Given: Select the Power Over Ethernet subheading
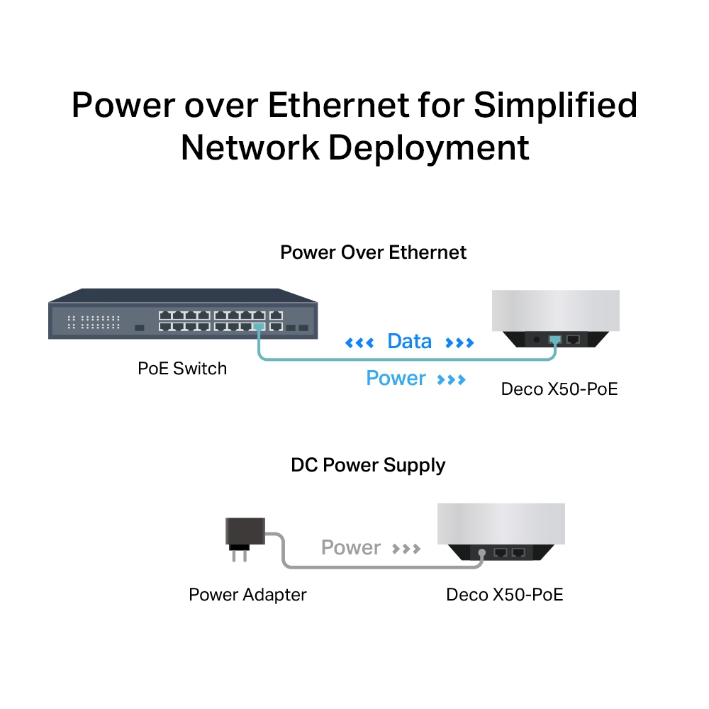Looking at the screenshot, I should (373, 252).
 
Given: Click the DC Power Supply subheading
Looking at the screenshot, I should (368, 466).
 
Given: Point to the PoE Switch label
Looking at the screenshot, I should (182, 369).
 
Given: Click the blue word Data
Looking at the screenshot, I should (409, 342).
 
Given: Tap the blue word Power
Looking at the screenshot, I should (396, 379).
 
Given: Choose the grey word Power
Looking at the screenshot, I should (351, 547).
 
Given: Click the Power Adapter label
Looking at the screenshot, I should (247, 594).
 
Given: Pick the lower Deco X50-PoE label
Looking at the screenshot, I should (504, 594).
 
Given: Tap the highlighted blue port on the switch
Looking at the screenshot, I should (259, 327).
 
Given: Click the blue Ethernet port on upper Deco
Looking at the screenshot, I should (555, 340).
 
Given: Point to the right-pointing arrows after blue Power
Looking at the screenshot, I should (452, 380).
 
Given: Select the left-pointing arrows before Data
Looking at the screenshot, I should (359, 344).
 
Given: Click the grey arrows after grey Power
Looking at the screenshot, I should (407, 549).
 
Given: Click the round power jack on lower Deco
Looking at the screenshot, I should (482, 552).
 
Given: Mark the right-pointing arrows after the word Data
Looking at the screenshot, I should (459, 344).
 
